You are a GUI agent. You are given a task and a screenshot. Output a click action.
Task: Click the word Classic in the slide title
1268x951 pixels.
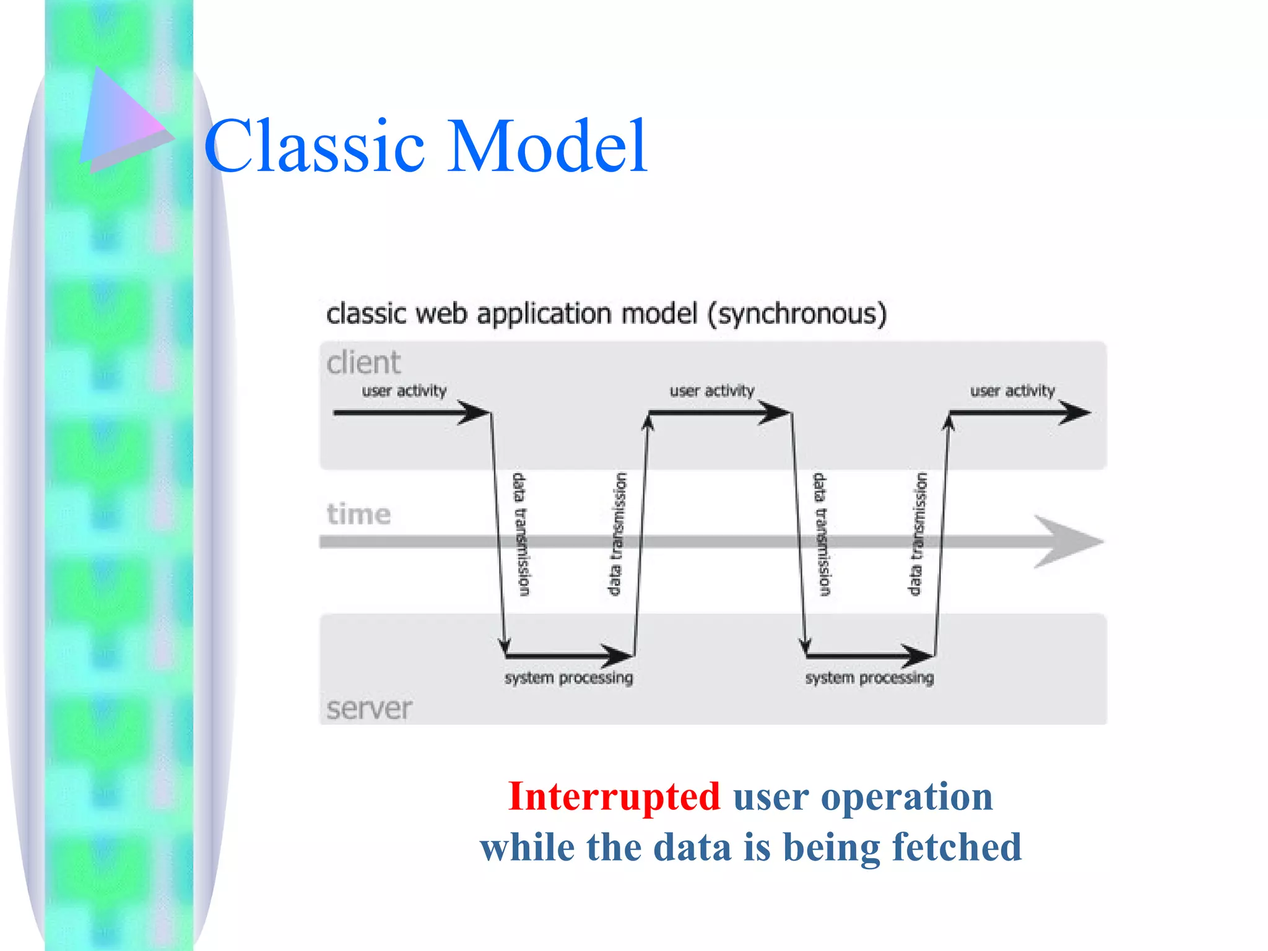[x=315, y=146]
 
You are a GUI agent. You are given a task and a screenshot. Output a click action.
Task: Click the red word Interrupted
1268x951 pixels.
[x=614, y=796]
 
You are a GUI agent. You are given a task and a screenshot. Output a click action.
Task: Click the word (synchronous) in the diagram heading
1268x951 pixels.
[x=797, y=314]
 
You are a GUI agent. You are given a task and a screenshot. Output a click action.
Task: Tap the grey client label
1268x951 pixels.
[x=364, y=362]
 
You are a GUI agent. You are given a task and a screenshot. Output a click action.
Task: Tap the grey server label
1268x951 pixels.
[x=369, y=708]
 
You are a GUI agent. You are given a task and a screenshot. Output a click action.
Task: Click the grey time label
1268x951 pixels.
[x=359, y=514]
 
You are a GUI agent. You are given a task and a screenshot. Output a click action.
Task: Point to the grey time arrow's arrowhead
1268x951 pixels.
[x=1068, y=542]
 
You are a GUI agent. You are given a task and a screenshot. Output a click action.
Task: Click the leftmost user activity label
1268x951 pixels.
[x=404, y=391]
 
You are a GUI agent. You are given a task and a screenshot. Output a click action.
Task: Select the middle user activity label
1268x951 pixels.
[x=712, y=391]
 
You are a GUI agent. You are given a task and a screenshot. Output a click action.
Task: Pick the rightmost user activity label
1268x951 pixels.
[x=1012, y=391]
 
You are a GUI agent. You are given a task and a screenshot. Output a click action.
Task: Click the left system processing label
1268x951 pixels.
[x=568, y=678]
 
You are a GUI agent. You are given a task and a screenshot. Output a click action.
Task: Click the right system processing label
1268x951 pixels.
[x=869, y=678]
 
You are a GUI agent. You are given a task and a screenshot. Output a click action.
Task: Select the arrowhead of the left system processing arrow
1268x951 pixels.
[x=616, y=655]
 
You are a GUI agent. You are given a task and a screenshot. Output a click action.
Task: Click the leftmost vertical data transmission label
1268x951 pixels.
[x=520, y=534]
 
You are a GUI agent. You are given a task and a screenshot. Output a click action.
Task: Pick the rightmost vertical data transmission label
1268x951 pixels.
[x=917, y=534]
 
